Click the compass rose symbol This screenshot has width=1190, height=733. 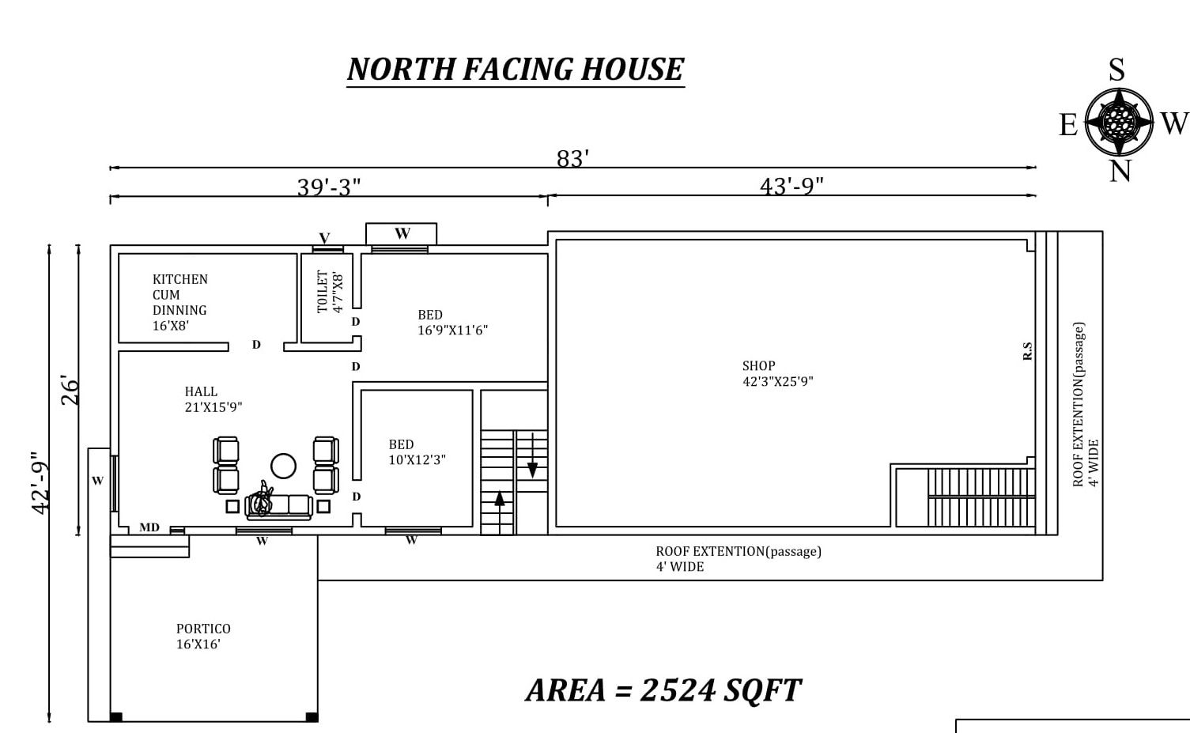pos(1119,122)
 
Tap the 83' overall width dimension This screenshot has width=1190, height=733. pos(572,158)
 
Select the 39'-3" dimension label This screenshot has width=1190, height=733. pos(329,187)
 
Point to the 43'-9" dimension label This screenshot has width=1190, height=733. pos(791,186)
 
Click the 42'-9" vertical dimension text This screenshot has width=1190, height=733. pos(40,483)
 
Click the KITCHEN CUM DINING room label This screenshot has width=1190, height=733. pos(180,302)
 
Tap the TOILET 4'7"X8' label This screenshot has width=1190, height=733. pos(330,292)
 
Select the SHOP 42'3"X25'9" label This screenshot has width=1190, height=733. pos(778,373)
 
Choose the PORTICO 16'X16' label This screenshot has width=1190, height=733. pos(203,637)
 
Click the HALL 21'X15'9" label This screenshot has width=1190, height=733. pos(213,399)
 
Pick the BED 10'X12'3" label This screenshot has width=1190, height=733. pos(417,452)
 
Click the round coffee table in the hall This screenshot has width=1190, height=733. pos(283,467)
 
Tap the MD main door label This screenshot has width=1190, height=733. pos(149,527)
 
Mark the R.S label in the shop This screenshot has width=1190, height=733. pos(1027,351)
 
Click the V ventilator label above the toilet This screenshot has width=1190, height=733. pos(324,237)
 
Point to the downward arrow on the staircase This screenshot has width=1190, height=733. pos(532,455)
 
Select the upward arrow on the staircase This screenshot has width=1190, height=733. pos(500,512)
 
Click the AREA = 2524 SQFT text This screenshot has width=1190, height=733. pos(663,690)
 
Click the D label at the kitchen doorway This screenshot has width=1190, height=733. pos(256,345)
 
